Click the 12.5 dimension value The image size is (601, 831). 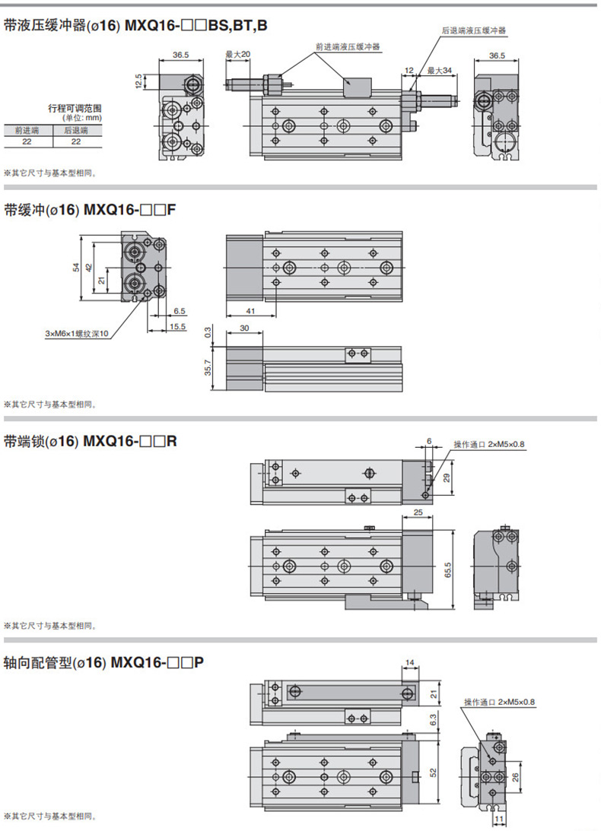[x=138, y=81]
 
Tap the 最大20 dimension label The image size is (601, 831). [x=238, y=55]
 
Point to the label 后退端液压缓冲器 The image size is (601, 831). [x=474, y=30]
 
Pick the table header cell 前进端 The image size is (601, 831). [x=29, y=130]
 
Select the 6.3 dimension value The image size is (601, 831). [x=433, y=718]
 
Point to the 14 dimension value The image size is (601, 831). [x=409, y=663]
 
